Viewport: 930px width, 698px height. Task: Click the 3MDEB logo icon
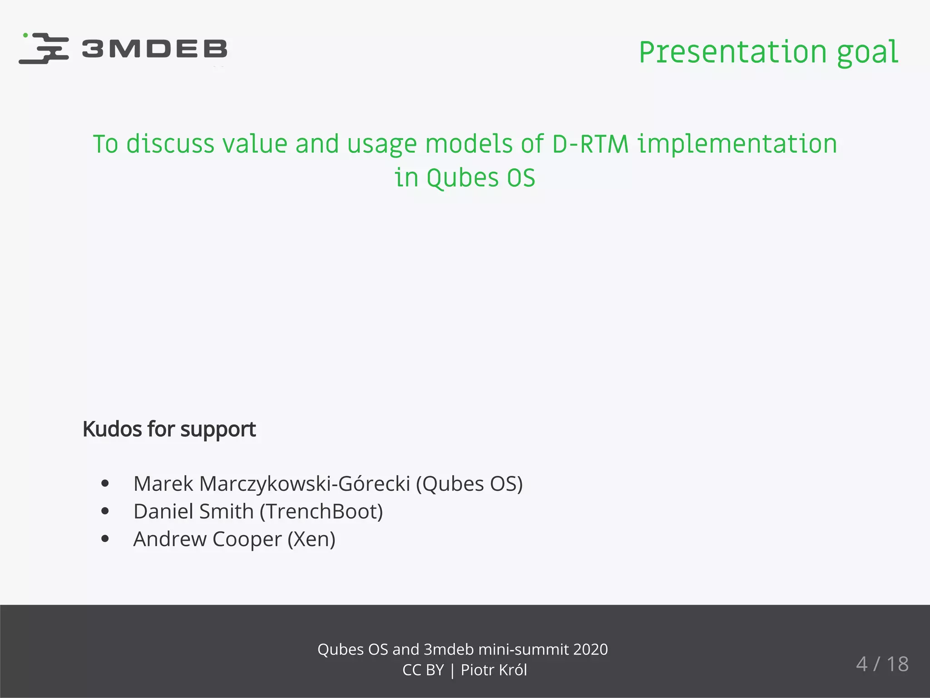44,48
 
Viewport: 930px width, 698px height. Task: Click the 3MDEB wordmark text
154,49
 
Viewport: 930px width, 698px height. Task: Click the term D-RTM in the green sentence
590,144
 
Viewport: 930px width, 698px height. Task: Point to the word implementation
737,144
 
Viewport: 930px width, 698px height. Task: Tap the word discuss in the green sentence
170,144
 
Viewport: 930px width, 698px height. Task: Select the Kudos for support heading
169,429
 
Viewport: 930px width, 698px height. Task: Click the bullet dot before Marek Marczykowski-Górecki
105,484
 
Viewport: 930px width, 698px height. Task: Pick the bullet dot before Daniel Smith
105,511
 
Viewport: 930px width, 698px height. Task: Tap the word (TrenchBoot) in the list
322,511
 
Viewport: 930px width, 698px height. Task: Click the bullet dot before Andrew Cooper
105,539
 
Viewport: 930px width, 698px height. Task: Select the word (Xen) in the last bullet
312,539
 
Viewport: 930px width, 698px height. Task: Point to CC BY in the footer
423,670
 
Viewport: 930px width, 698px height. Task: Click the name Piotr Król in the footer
494,670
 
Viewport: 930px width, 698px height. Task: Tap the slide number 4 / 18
882,664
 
